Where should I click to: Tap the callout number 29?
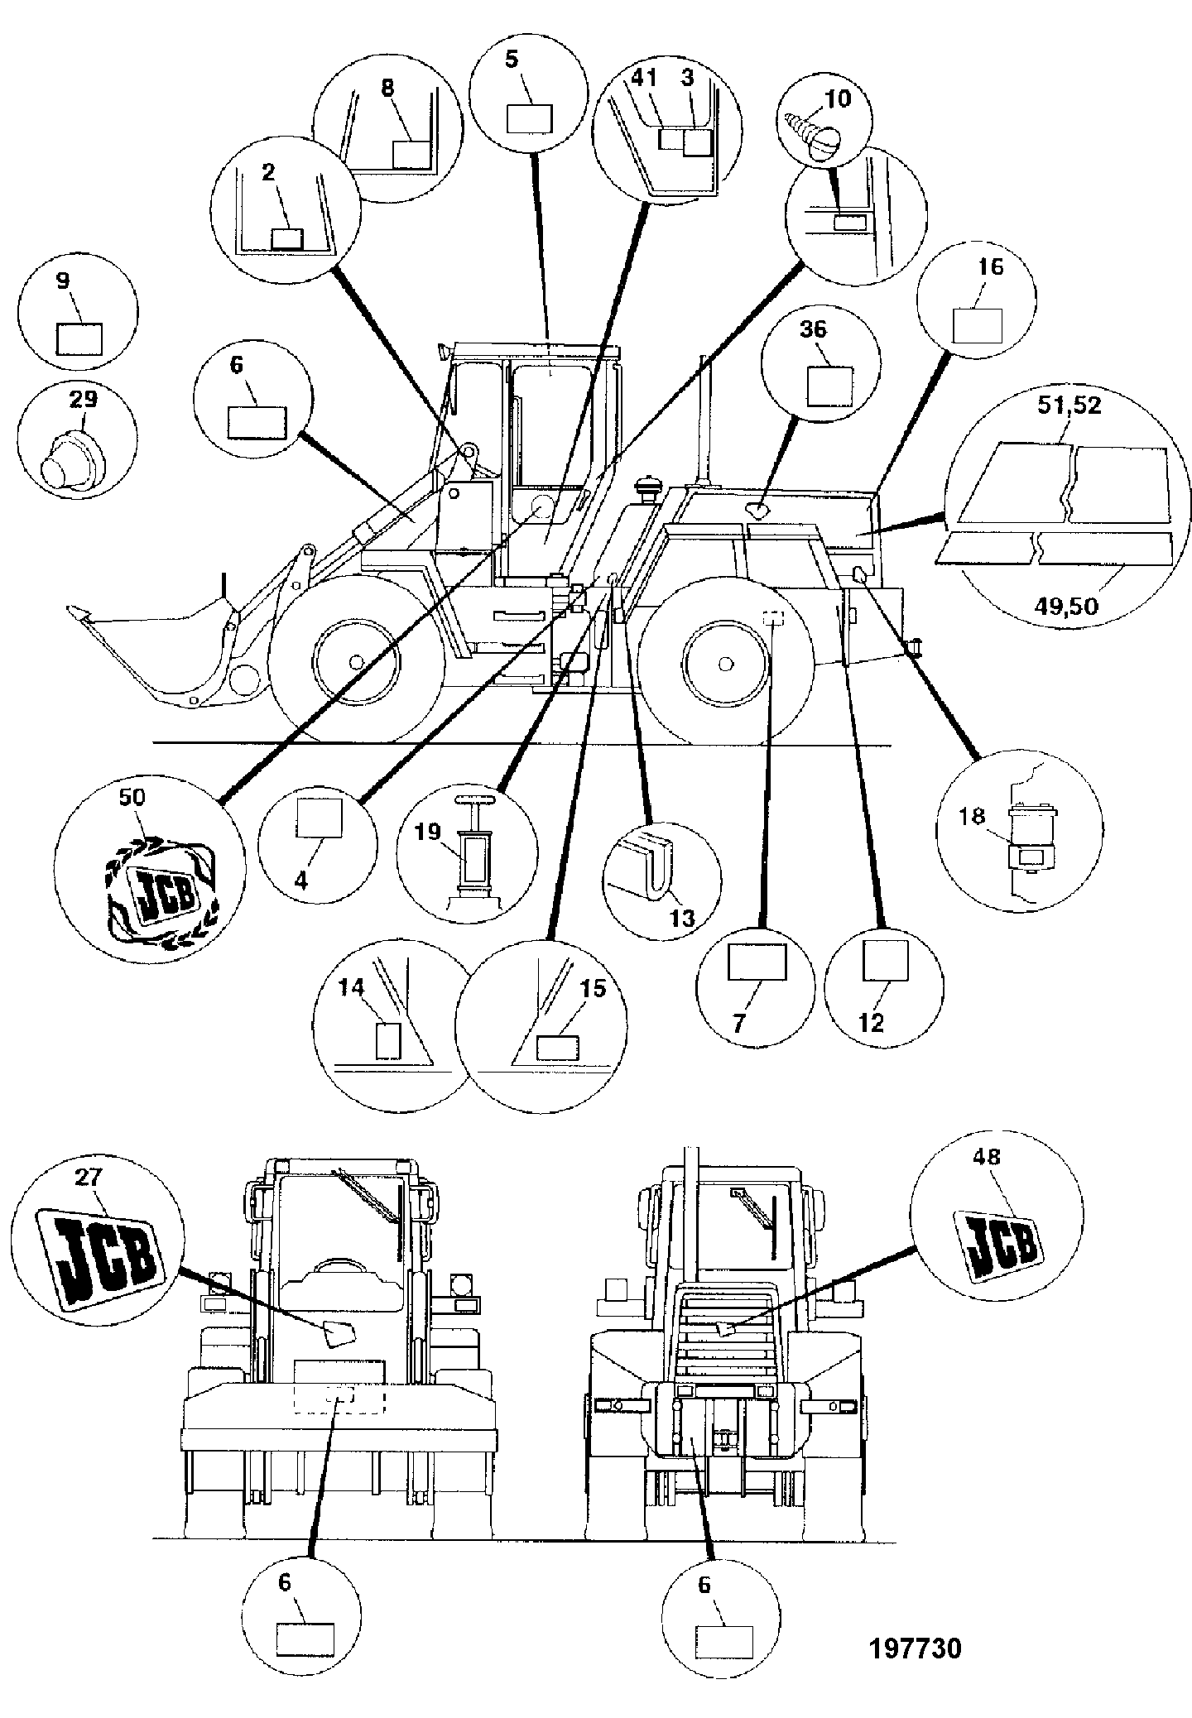click(x=84, y=400)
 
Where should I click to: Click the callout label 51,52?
click(x=1070, y=406)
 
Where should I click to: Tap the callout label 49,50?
click(x=1067, y=607)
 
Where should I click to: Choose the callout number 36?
click(x=813, y=329)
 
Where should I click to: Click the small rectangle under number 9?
click(x=79, y=338)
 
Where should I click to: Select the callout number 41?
click(x=644, y=78)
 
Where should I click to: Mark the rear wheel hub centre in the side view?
click(x=725, y=663)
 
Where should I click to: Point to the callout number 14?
click(x=351, y=987)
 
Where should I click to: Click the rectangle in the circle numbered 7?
click(x=757, y=962)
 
